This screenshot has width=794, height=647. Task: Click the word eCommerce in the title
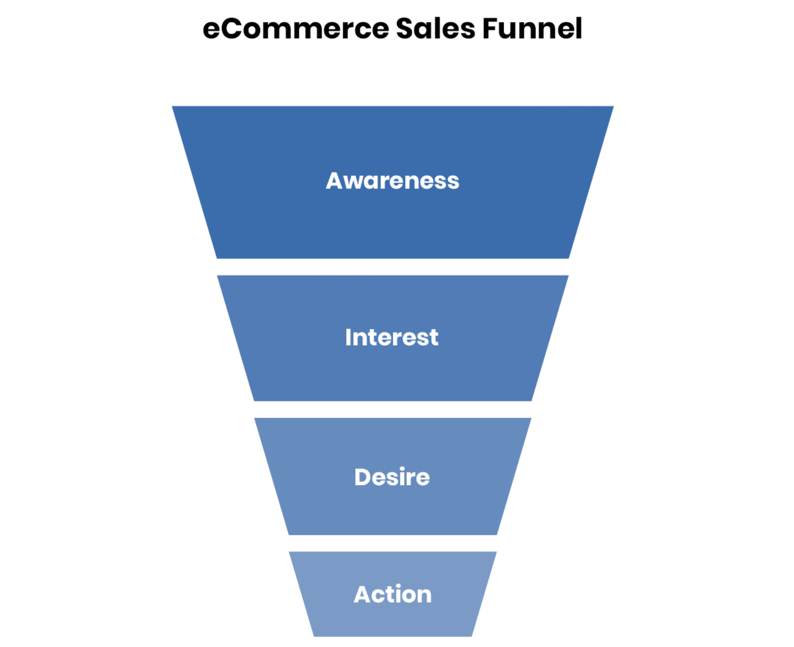(295, 29)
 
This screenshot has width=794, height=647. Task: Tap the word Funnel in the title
(532, 29)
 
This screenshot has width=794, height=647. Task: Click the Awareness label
(392, 181)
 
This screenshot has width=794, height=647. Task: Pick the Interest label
(392, 337)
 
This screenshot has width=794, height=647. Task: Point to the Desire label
(392, 477)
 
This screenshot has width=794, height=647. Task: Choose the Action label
(392, 594)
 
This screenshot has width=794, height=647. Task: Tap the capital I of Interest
(348, 337)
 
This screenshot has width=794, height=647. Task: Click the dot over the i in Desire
(402, 469)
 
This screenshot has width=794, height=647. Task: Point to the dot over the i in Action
(399, 586)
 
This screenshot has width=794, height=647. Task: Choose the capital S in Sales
(405, 29)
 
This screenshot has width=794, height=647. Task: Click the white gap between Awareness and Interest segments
(392, 267)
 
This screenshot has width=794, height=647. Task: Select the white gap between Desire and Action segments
(392, 543)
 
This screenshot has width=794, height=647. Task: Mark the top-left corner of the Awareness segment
(172, 106)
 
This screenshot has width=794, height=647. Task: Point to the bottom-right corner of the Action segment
(472, 637)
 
